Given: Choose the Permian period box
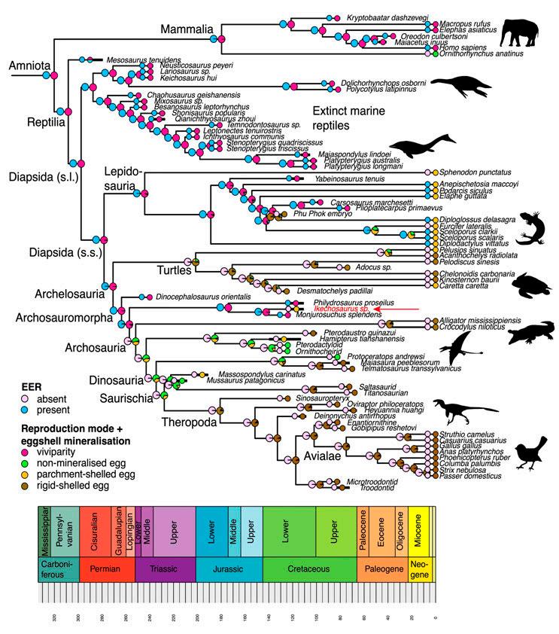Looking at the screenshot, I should click(x=107, y=569).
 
